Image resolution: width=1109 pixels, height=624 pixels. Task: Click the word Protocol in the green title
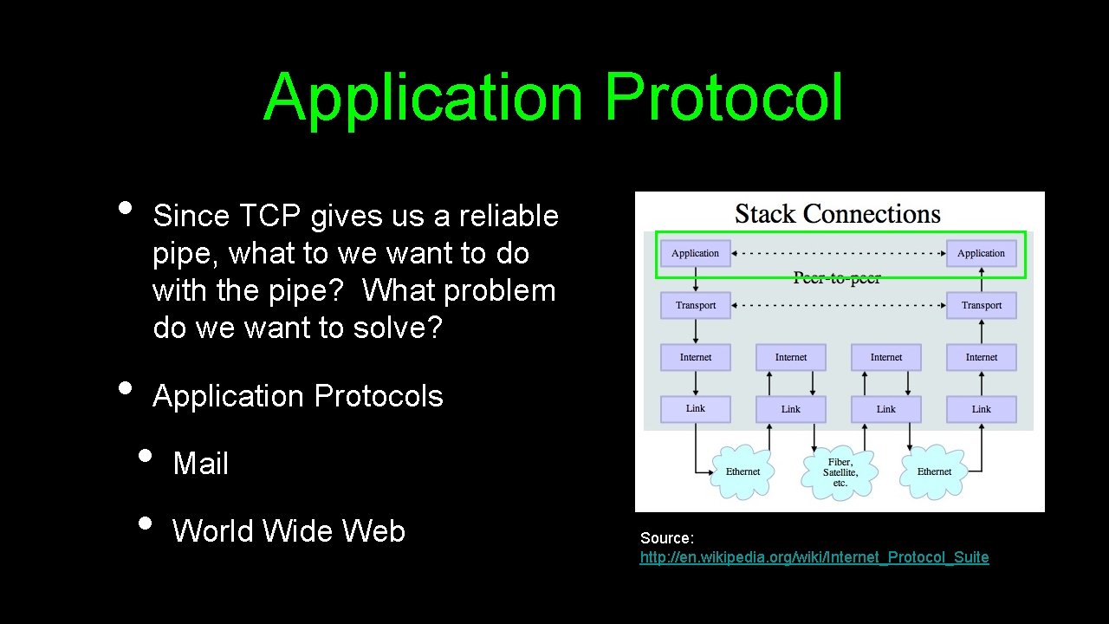(x=723, y=98)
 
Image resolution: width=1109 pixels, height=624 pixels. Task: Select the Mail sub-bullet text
(x=200, y=464)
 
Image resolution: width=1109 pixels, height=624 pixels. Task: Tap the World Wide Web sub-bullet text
(x=289, y=531)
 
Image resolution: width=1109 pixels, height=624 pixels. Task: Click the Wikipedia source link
(x=814, y=557)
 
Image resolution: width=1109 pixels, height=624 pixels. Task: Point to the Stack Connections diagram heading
(x=837, y=214)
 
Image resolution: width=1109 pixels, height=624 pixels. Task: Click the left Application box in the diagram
(x=695, y=253)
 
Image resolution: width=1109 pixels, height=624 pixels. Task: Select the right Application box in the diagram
(x=981, y=253)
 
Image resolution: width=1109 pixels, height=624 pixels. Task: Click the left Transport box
(x=695, y=305)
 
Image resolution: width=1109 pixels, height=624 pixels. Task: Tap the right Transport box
(x=981, y=305)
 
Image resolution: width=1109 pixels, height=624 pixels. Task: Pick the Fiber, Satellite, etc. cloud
(x=840, y=472)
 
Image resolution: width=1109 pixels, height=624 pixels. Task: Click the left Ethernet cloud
(x=743, y=472)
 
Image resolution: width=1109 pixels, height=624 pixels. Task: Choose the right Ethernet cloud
(x=934, y=472)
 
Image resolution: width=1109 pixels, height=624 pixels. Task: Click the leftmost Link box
(x=695, y=409)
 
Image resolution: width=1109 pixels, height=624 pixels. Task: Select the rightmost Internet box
(x=981, y=357)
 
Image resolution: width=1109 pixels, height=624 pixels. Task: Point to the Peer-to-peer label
(x=837, y=278)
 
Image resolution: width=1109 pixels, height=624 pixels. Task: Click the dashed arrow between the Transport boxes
(x=838, y=305)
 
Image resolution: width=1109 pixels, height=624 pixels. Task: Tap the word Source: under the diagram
(x=666, y=538)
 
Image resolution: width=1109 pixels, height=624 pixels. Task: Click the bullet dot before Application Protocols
(x=126, y=387)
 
